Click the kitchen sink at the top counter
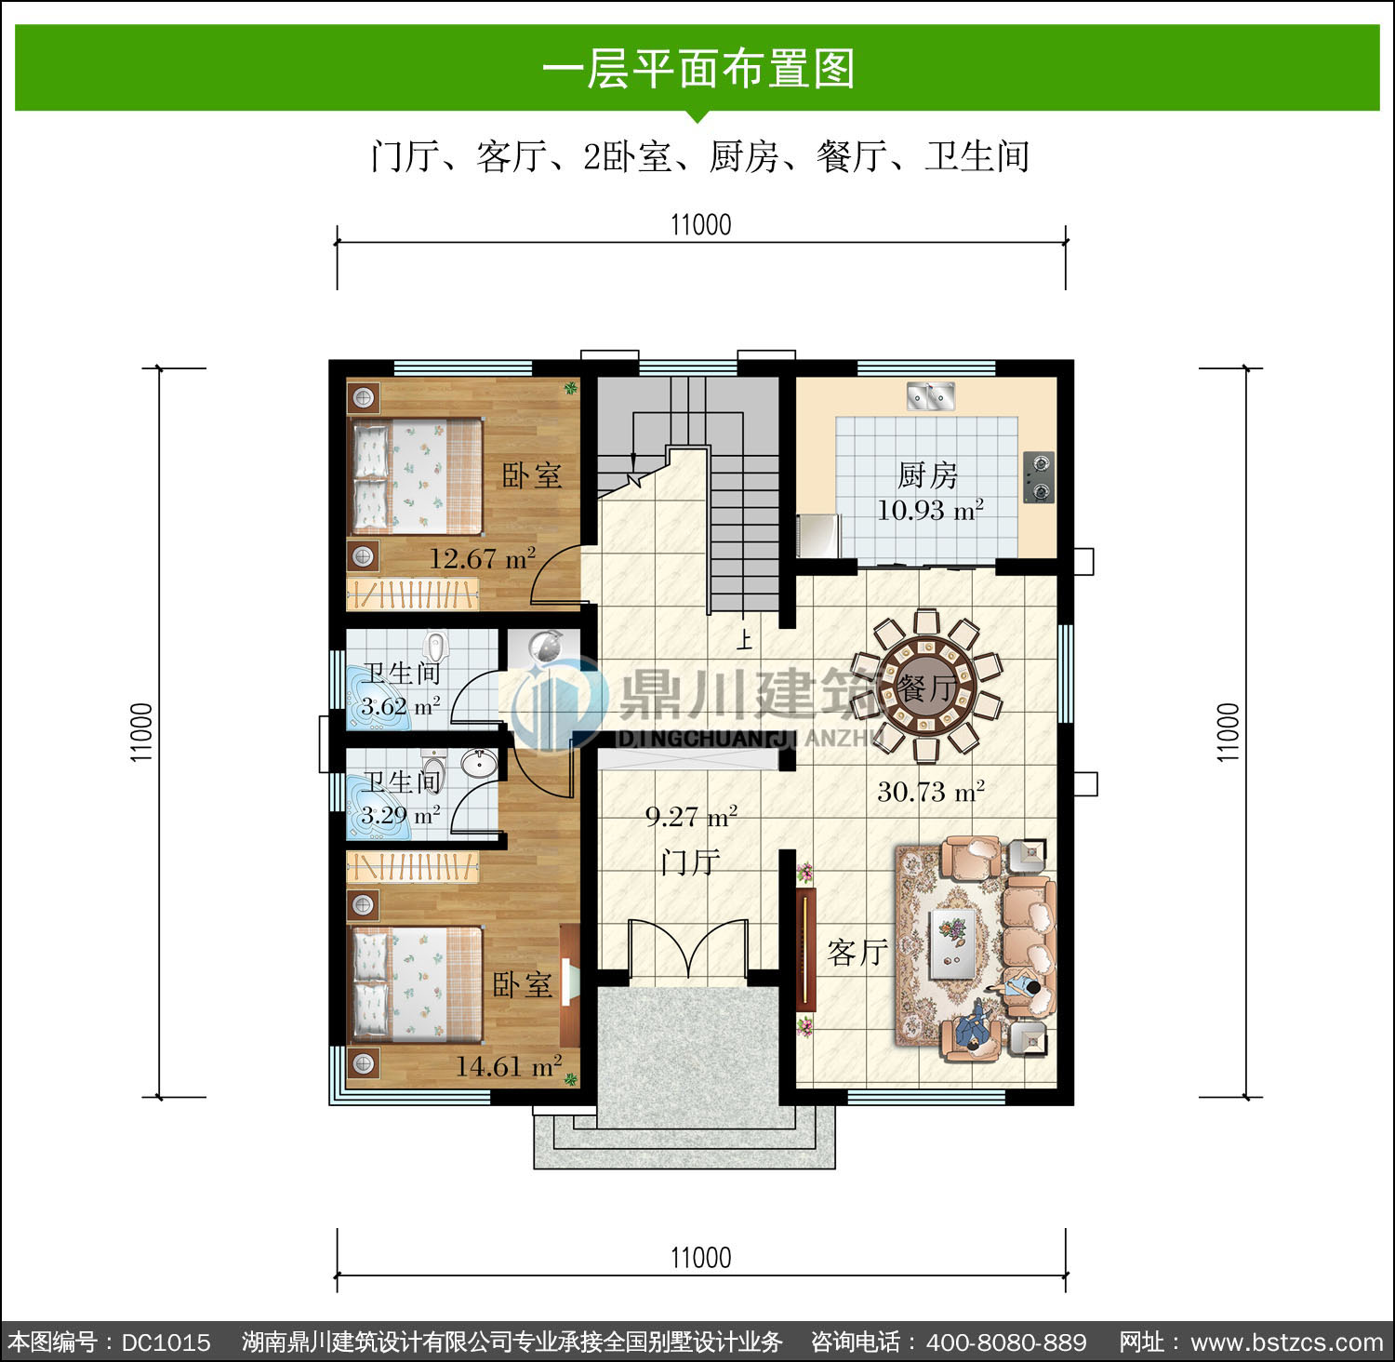931,396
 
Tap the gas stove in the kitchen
1039,476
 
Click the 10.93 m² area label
930,509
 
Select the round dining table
926,687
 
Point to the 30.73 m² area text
931,792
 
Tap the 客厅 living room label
857,952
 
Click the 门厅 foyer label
690,862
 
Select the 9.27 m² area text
691,817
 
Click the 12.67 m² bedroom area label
482,558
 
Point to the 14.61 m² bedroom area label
508,1065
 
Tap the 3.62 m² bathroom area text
401,706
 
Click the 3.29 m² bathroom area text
401,815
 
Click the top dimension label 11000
701,224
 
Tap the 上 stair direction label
744,639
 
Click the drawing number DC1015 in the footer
166,1342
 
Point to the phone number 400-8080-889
1006,1342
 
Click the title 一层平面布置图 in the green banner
698,69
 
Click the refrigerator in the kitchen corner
818,535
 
